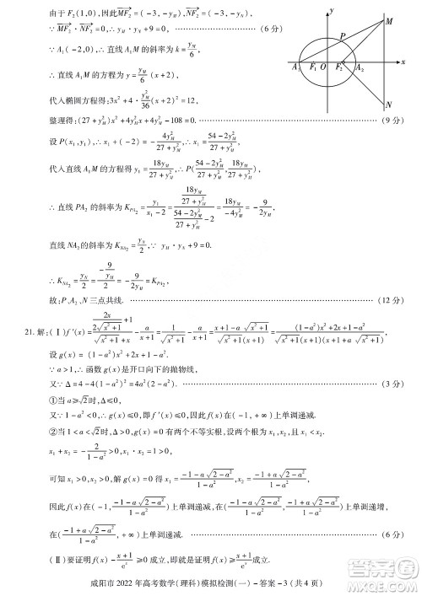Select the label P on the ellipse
point(342,37)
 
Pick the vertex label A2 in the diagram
point(360,67)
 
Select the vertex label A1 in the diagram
point(294,67)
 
